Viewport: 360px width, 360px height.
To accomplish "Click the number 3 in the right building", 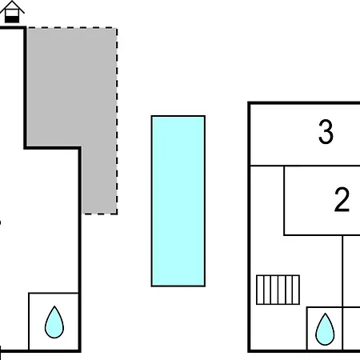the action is point(326,132).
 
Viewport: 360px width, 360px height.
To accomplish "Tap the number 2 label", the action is point(342,200).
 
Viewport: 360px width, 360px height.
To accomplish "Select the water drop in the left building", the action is point(54,322).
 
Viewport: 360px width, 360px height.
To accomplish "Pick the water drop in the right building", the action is point(325,329).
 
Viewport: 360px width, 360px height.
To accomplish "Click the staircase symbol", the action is point(278,290).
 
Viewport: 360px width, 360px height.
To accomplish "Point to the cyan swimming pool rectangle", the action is point(178,201).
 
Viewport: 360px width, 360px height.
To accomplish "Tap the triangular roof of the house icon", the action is point(12,6).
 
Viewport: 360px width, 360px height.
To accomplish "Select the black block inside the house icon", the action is point(12,19).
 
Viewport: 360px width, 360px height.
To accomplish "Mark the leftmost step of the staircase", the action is point(260,290).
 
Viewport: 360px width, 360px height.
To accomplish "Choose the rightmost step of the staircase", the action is point(296,290).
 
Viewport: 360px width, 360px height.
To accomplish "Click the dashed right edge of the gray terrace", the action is point(117,121).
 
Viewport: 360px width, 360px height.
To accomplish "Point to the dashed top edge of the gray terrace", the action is point(72,27).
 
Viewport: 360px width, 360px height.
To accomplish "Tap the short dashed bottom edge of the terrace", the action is point(100,214).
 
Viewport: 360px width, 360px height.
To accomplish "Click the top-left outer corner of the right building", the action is point(249,103).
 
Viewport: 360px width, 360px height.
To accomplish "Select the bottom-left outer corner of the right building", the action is point(249,351).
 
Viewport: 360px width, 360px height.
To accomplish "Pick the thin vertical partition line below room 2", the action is point(342,293).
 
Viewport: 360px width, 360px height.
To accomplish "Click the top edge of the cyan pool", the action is point(178,116).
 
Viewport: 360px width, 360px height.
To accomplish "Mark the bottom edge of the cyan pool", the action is point(178,286).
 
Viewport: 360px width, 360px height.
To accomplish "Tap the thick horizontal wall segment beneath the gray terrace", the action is point(53,147).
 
